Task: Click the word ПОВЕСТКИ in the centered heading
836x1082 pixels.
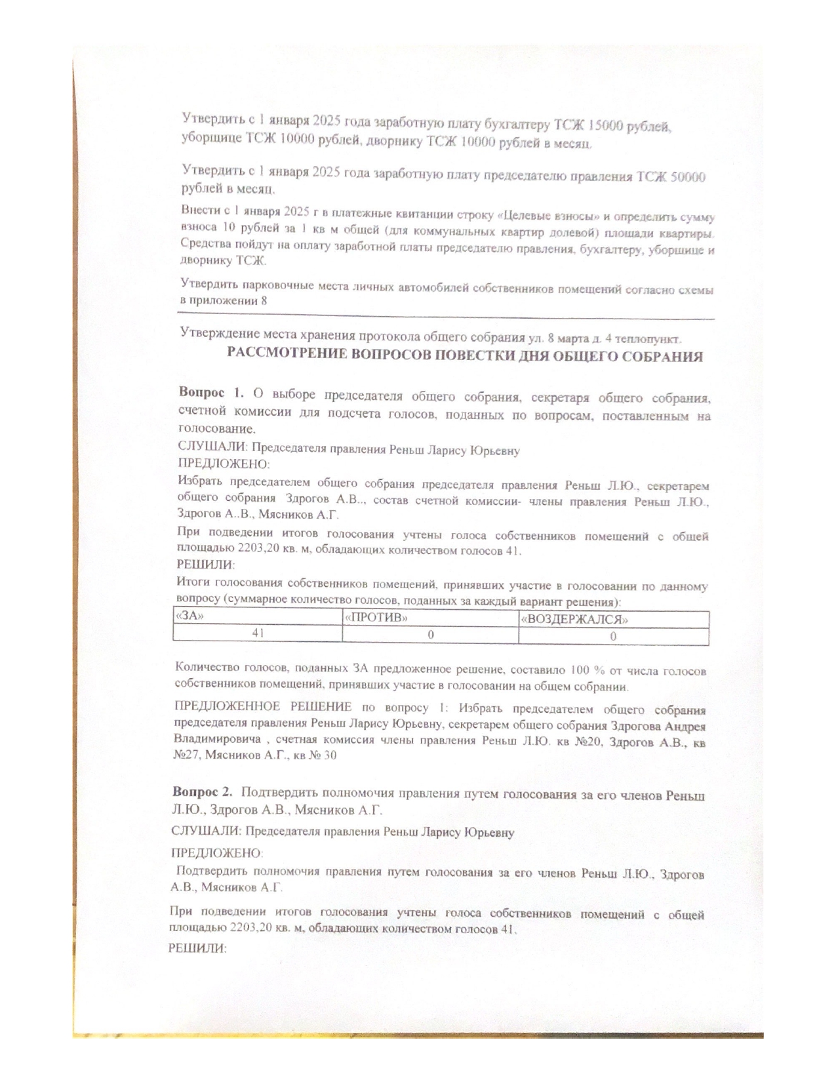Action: coord(469,357)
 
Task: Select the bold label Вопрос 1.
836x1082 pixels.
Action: coord(210,393)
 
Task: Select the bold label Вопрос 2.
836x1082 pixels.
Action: coord(203,792)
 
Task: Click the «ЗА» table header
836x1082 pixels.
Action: coord(189,616)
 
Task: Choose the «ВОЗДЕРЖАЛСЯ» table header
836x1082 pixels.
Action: coord(574,619)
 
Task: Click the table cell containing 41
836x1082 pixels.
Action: coord(258,633)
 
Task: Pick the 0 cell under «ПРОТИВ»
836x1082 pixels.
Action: coord(431,635)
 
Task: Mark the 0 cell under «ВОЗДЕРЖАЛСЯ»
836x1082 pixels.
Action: coord(613,636)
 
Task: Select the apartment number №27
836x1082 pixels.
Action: coord(187,755)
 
